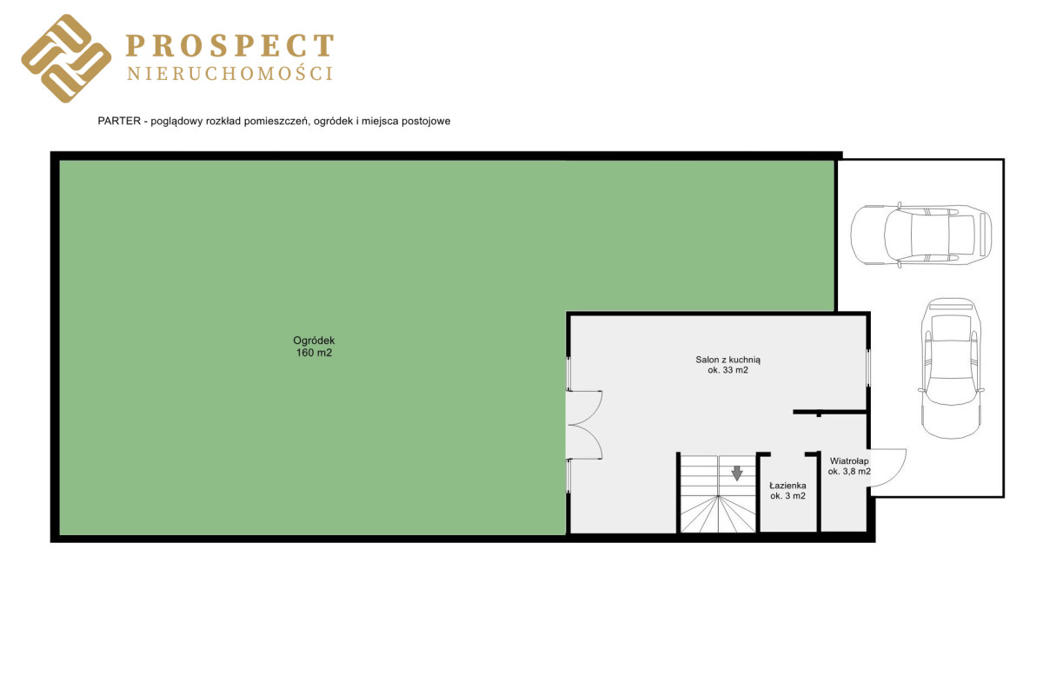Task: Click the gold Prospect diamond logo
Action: [66, 58]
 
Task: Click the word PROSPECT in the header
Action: [230, 46]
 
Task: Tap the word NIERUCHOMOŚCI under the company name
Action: [230, 74]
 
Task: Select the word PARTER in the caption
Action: [119, 121]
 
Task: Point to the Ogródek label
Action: [314, 341]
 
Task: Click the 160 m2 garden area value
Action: [314, 353]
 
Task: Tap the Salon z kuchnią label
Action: [727, 360]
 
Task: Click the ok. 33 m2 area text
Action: [727, 371]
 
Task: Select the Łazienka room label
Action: [787, 486]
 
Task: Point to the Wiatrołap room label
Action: [849, 461]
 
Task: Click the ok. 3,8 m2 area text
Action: [849, 472]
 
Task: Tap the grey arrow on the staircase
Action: [737, 473]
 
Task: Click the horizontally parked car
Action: [920, 235]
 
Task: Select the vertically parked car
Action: [951, 368]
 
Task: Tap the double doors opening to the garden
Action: [585, 425]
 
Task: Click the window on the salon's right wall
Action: [868, 367]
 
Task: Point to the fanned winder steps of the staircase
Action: [718, 513]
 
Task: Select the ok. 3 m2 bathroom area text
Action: [787, 496]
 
